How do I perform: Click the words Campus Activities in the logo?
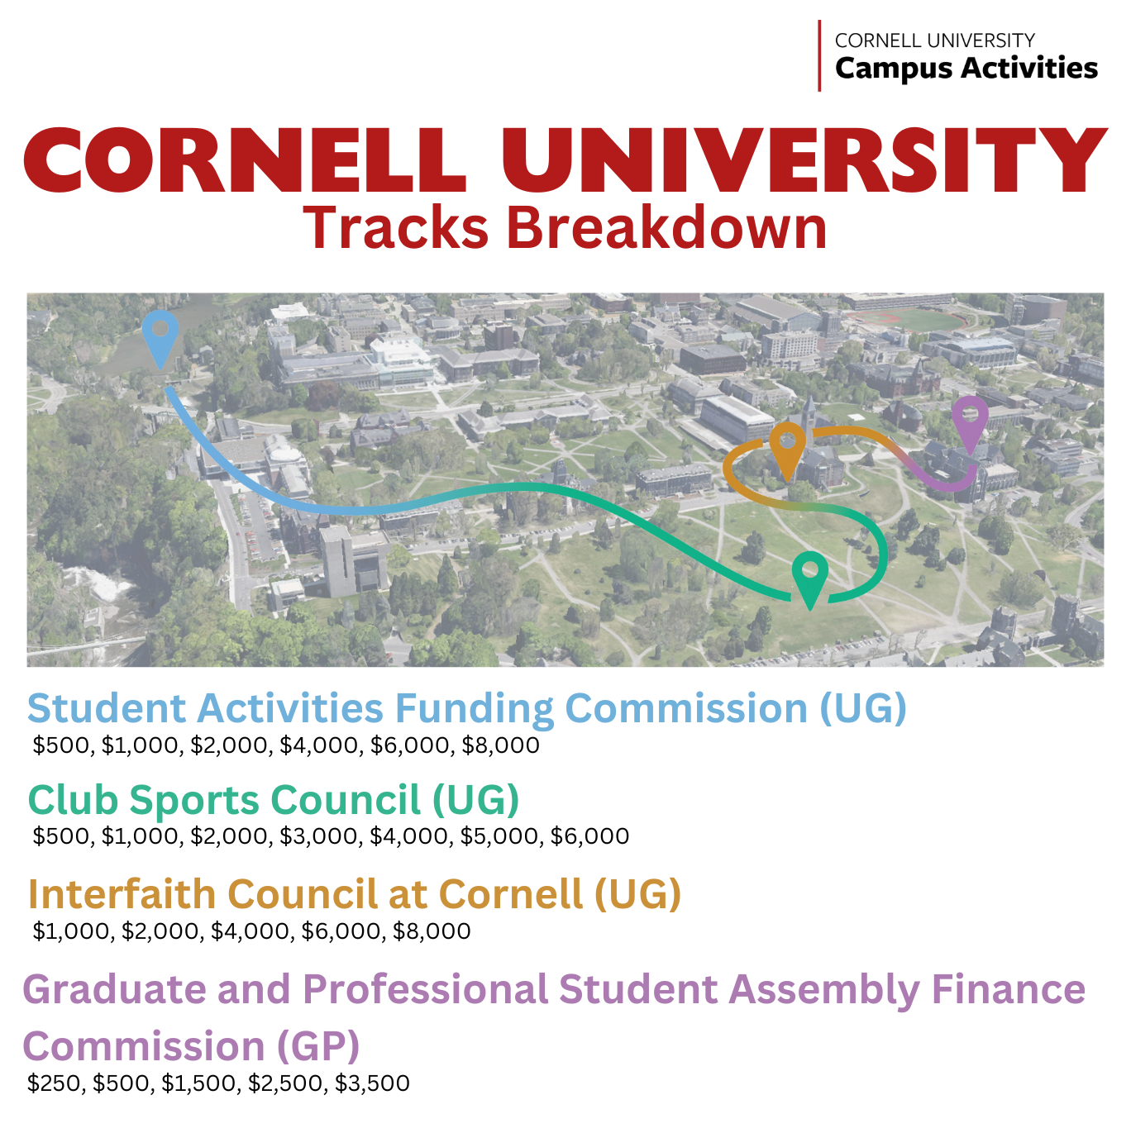click(x=966, y=68)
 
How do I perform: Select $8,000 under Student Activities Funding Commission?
click(x=500, y=745)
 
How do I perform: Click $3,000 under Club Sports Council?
click(x=320, y=835)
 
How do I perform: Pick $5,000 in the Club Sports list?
click(x=501, y=835)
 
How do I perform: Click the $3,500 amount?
click(x=372, y=1083)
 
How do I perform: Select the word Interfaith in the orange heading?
click(x=122, y=894)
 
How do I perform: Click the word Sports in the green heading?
click(x=193, y=802)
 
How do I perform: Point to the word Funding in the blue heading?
click(x=475, y=708)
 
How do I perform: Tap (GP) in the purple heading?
click(x=317, y=1047)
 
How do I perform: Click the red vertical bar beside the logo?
click(x=819, y=56)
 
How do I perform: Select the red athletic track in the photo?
click(x=906, y=321)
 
